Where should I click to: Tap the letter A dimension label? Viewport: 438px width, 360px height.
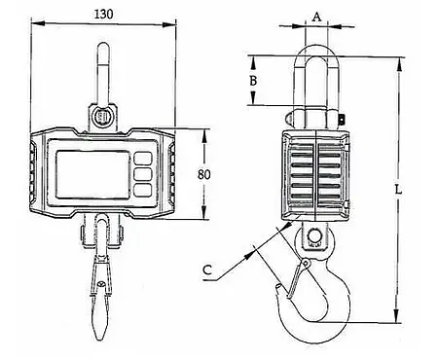[315, 17]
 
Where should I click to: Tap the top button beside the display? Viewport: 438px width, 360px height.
[144, 157]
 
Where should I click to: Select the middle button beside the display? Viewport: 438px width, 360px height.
[144, 174]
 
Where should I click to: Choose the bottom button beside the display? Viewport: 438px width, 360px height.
[144, 192]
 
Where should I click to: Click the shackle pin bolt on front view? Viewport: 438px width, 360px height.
[103, 116]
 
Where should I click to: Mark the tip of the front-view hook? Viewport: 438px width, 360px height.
[101, 336]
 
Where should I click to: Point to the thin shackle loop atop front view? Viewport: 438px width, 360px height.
[102, 68]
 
